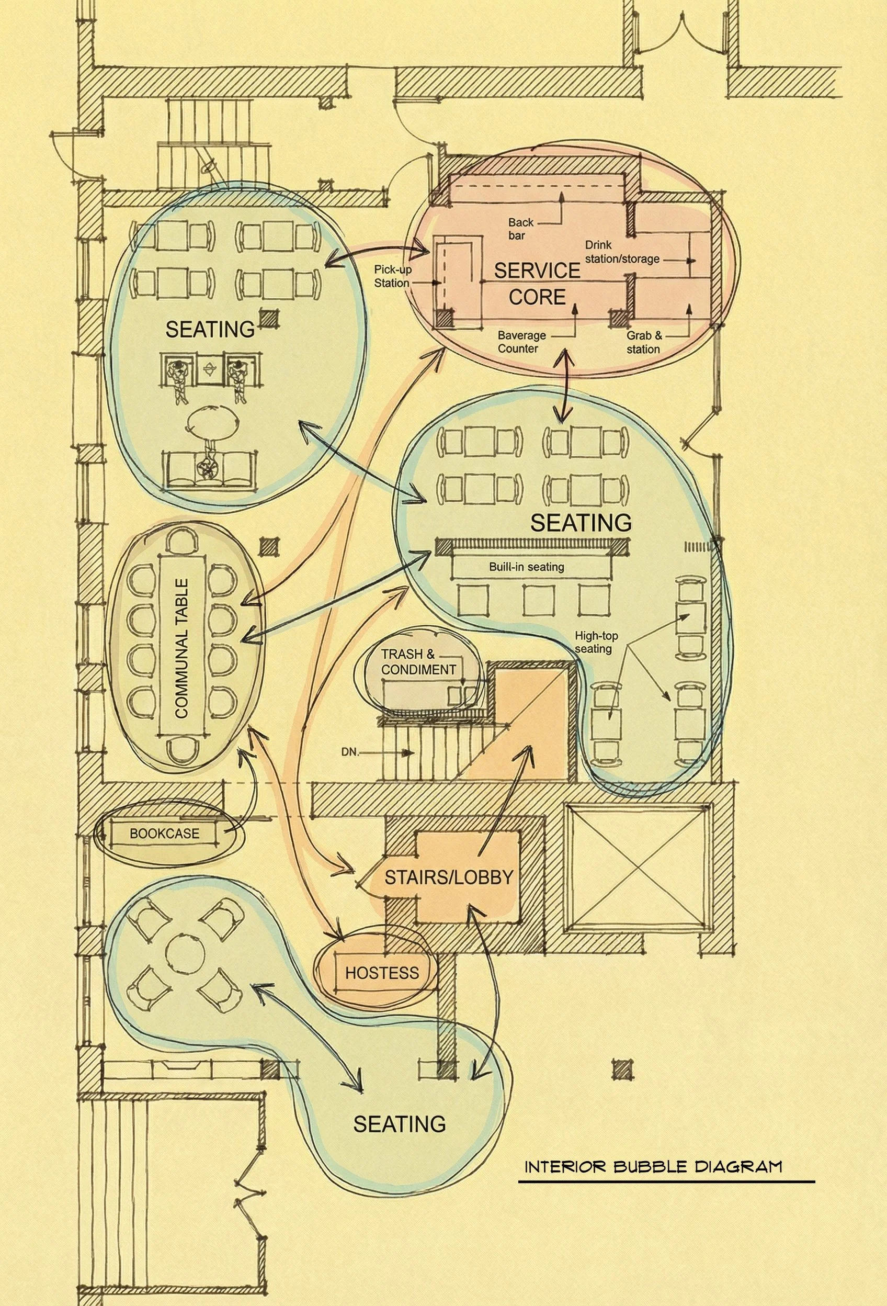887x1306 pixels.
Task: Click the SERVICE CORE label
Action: [537, 283]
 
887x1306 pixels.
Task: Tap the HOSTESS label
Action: [382, 973]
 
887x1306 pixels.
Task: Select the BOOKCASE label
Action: [164, 834]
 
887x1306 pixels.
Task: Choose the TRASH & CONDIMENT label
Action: [418, 662]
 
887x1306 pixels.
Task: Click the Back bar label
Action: [520, 229]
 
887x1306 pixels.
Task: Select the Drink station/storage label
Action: [622, 252]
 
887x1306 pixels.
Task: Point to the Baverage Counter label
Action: [521, 342]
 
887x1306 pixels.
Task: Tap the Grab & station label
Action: [644, 342]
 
